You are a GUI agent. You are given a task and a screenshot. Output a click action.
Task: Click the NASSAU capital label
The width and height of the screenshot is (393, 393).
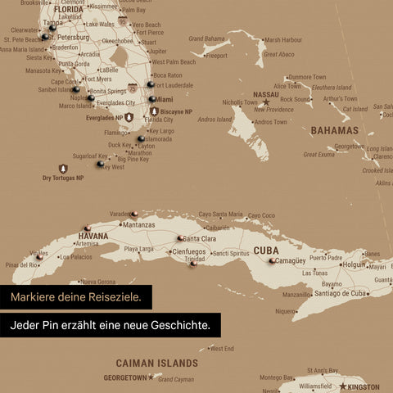[267, 94]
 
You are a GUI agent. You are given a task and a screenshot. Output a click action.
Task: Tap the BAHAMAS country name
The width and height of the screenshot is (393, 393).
[334, 130]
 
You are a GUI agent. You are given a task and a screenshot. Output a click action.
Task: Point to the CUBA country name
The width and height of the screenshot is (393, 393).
[266, 251]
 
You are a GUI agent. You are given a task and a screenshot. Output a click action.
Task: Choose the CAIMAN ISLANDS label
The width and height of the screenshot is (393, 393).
[156, 362]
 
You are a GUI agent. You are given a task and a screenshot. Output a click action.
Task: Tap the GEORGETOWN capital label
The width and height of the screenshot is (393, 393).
[124, 377]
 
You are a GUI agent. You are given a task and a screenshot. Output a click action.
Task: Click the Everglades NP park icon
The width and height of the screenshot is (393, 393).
[129, 118]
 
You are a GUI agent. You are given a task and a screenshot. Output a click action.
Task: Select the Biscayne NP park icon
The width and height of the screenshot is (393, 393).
[154, 111]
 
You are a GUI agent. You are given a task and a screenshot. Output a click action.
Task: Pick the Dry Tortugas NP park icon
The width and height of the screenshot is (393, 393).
[63, 169]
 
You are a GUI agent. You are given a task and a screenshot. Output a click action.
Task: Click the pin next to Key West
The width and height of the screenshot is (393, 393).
[101, 164]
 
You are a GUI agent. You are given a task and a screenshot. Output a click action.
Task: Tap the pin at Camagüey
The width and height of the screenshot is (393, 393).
[272, 261]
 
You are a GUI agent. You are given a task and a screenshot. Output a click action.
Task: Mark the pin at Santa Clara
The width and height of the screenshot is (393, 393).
[179, 238]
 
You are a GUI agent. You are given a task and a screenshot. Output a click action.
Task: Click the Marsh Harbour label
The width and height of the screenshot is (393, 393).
[283, 39]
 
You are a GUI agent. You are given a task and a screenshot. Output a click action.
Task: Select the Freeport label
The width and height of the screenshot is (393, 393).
[217, 56]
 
